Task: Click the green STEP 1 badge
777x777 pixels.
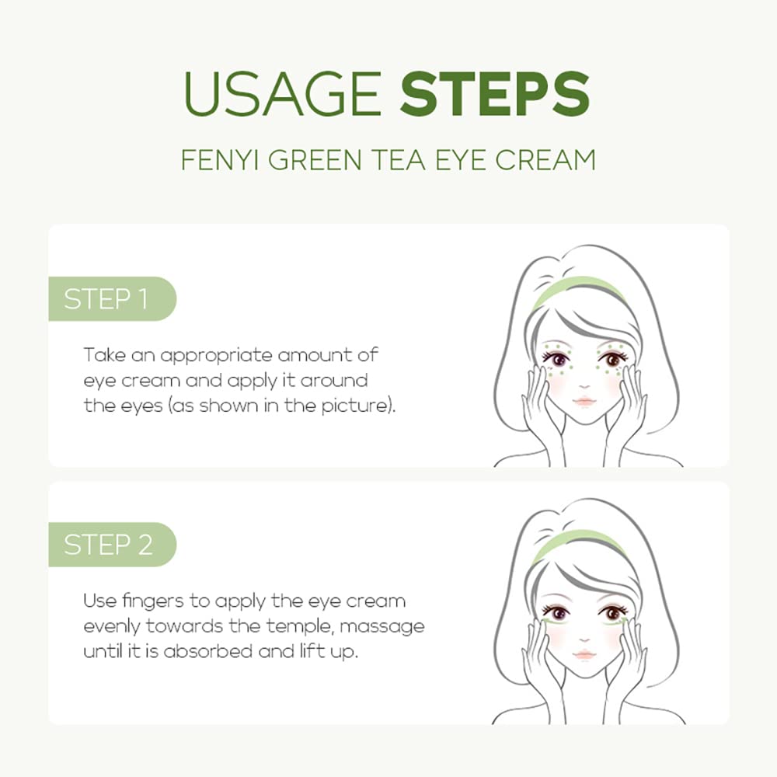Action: pos(109,299)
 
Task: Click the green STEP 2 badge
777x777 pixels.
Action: pos(109,545)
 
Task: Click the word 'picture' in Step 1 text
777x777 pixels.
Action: pos(359,406)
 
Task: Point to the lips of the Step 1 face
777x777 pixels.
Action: pos(584,402)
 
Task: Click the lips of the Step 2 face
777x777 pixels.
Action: pos(584,655)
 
